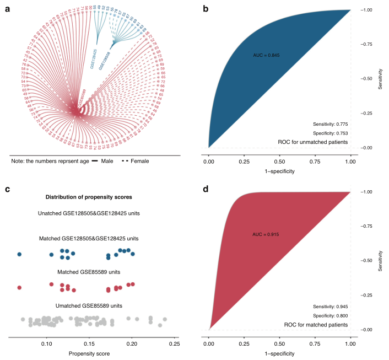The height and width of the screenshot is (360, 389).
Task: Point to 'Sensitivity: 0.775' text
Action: point(330,123)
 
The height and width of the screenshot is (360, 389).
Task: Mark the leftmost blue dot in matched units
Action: point(19,255)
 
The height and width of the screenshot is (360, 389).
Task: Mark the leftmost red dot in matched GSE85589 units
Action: point(19,288)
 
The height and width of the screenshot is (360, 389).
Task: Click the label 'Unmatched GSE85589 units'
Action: point(80,305)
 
